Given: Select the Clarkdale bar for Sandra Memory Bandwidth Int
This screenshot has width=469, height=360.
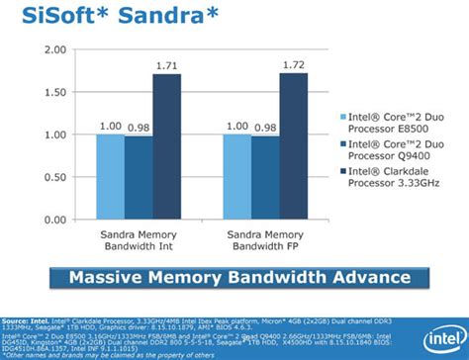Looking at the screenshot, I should (167, 146).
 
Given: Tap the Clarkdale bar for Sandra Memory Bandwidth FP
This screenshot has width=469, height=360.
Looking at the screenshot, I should (294, 146).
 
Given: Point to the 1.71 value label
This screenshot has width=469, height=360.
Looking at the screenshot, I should (167, 65).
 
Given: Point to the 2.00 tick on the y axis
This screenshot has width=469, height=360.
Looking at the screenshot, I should (54, 49).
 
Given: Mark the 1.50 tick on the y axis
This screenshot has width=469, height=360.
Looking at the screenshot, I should (54, 92).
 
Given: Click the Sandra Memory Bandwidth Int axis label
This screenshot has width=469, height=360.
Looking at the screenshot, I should (139, 239).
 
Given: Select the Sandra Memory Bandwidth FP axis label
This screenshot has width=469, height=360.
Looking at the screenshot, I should (265, 239).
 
